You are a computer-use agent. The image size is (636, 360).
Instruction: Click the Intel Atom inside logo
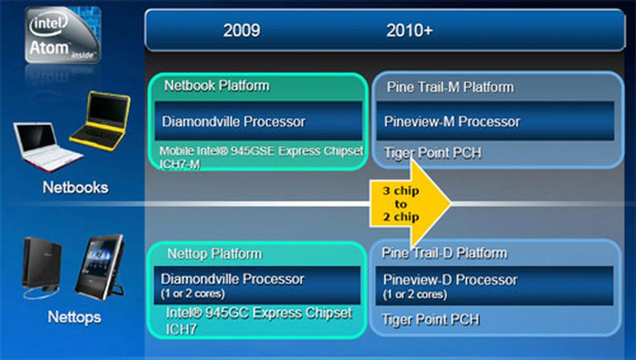[62, 35]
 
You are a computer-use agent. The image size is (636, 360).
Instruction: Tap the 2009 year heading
[241, 30]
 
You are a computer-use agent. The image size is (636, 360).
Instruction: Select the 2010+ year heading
[409, 30]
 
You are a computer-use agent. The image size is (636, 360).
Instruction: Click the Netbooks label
[75, 187]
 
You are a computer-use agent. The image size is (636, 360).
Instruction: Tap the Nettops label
[74, 317]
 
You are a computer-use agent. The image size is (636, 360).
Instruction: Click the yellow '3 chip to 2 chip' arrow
[409, 204]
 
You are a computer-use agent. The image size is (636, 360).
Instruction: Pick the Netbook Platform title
[217, 86]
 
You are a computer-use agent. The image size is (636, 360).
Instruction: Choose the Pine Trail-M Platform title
[450, 87]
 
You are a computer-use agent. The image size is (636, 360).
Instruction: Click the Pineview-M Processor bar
[495, 121]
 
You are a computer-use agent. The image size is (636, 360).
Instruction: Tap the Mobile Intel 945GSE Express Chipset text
[261, 151]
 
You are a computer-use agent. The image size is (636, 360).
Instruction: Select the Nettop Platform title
[214, 254]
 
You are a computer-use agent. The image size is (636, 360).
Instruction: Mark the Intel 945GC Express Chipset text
[259, 313]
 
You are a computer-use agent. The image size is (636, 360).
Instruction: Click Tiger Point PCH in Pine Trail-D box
[431, 320]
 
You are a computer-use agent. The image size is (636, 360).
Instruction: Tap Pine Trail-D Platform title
[444, 253]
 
